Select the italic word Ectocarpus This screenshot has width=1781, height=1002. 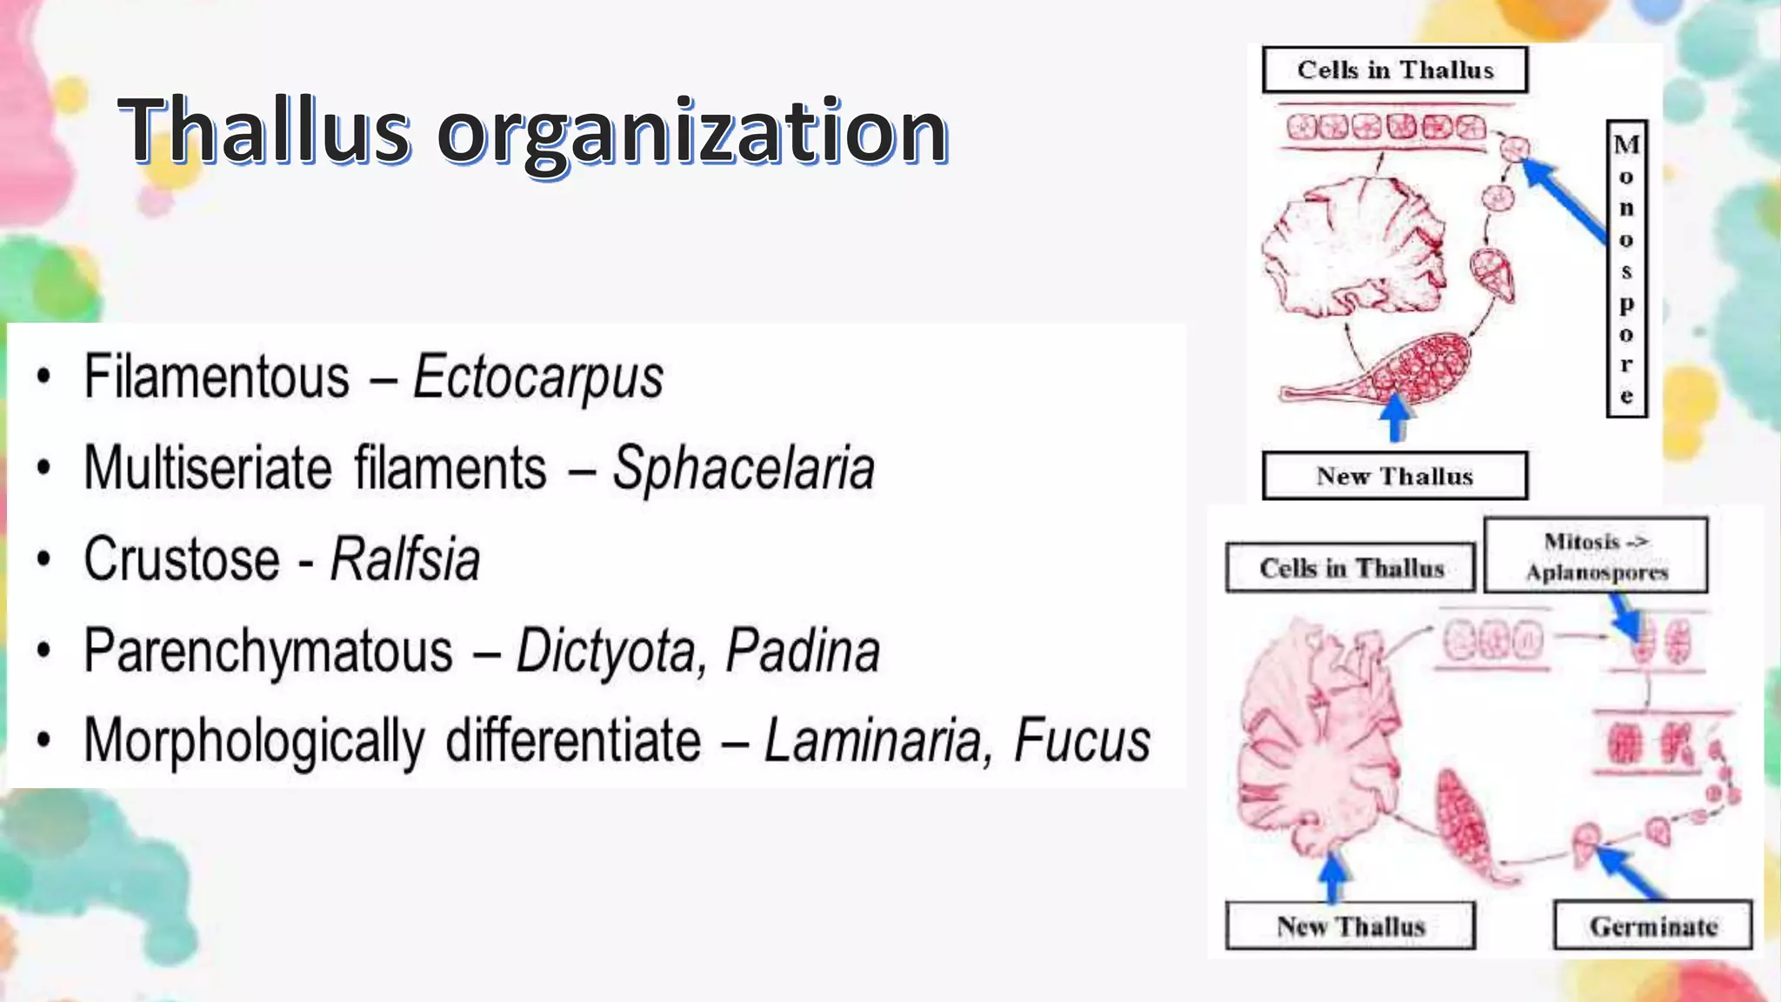538,377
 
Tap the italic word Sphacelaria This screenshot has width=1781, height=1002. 744,469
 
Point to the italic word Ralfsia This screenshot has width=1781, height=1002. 405,559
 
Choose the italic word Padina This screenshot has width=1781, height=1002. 803,651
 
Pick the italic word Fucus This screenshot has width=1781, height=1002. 1082,741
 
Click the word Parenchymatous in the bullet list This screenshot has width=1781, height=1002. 269,651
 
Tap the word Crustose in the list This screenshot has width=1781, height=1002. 182,559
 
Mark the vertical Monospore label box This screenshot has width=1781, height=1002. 1626,269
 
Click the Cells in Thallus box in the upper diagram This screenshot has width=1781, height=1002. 1395,70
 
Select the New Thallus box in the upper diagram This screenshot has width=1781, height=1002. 1395,476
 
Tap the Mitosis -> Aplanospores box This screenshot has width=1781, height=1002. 1596,556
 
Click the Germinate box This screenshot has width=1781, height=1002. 1652,925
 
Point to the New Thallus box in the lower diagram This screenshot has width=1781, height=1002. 1350,925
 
